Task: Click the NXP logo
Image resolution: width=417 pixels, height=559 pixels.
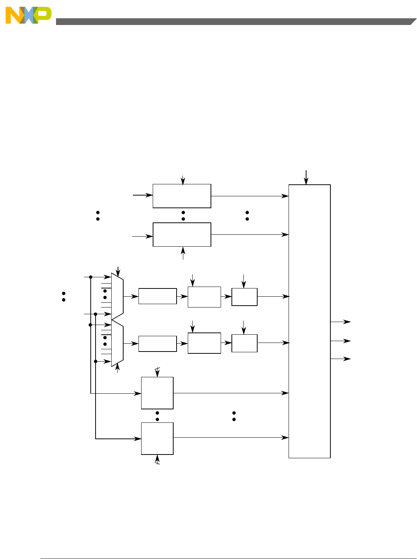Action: click(x=28, y=15)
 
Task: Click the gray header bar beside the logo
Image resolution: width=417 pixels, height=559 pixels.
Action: click(x=231, y=22)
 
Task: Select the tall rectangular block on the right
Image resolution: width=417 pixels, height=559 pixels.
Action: click(x=309, y=321)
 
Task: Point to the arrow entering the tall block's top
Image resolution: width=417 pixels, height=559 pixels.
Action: click(x=306, y=177)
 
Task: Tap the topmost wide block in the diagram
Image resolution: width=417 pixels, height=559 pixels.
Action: click(x=182, y=196)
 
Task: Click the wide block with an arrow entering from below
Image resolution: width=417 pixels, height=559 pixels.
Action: click(x=182, y=235)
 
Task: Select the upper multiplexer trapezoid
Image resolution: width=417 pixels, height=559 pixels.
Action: click(x=117, y=296)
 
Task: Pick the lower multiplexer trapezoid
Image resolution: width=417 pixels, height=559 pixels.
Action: click(x=117, y=343)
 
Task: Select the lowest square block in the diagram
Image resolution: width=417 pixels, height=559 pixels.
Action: click(x=157, y=438)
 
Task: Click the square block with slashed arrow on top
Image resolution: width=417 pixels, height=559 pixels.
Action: click(x=157, y=393)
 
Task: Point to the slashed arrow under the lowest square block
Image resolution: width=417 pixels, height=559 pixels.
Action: click(x=158, y=460)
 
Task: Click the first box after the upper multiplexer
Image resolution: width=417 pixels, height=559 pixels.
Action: click(x=158, y=296)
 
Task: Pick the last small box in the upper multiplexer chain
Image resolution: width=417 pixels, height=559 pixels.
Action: click(x=245, y=297)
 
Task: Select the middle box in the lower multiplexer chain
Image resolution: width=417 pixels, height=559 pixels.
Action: click(x=204, y=343)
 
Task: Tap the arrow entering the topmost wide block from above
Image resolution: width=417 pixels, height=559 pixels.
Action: click(x=183, y=179)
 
